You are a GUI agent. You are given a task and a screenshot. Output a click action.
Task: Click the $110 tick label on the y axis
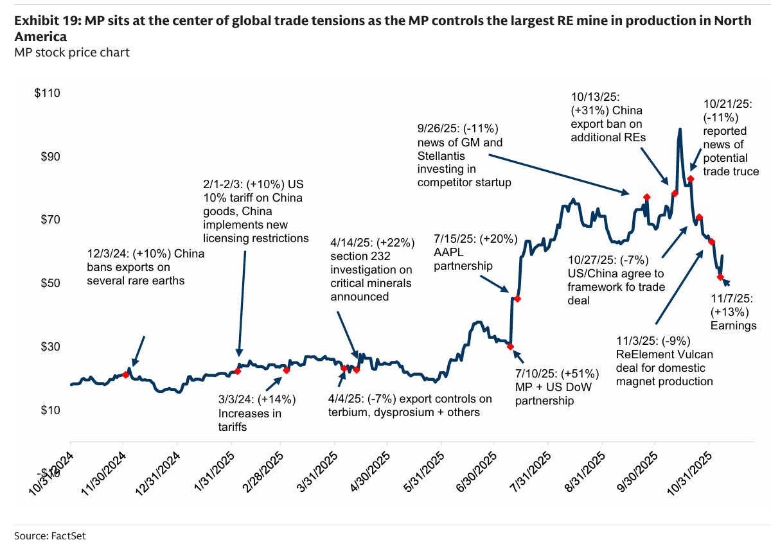coord(47,94)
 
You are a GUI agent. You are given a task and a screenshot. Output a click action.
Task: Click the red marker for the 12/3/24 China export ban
coord(125,374)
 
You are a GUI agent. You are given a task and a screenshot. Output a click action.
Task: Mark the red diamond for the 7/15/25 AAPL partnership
coord(517,299)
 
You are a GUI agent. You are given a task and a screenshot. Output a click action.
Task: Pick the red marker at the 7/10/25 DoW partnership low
coord(510,346)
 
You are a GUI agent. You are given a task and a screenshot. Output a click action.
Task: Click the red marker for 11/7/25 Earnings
coord(720,277)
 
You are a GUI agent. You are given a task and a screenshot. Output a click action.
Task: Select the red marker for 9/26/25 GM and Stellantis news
coord(646,197)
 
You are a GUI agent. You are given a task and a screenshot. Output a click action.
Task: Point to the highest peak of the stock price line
coord(679,129)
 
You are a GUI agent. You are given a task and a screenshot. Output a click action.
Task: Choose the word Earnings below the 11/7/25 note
coord(733,326)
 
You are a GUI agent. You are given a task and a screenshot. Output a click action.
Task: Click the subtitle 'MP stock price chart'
coord(72,52)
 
